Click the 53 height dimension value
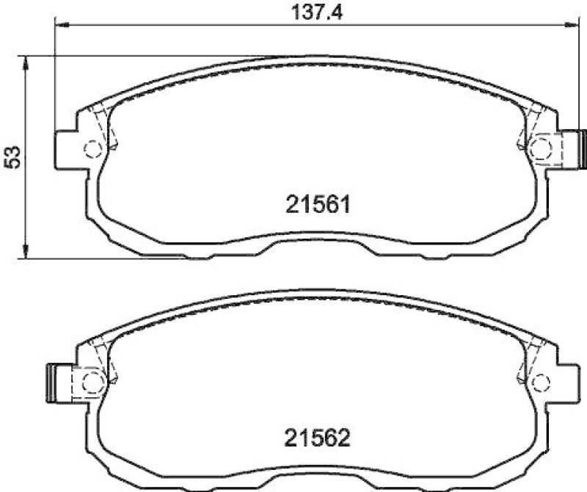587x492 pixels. (x=12, y=156)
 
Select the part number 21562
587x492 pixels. (x=317, y=438)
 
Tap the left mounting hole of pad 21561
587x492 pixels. (x=92, y=149)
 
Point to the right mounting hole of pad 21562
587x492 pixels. (x=541, y=381)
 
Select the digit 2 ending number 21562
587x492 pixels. (x=345, y=438)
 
